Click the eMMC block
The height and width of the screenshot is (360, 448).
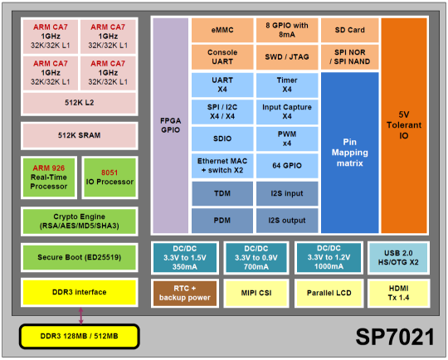pos(222,30)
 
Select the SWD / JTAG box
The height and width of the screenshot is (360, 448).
pos(287,57)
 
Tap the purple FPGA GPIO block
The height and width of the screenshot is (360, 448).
pos(171,125)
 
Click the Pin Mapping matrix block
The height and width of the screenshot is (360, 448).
pos(350,153)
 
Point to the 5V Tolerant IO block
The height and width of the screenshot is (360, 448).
pos(404,125)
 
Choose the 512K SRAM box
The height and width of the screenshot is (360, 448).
pos(80,135)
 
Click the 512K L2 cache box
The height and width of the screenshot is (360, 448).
pos(80,103)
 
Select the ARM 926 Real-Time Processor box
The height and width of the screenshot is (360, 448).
pos(49,178)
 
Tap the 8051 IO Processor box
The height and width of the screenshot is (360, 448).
pos(110,178)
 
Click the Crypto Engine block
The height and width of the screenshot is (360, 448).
pos(80,221)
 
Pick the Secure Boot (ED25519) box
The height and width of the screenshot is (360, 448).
pos(80,257)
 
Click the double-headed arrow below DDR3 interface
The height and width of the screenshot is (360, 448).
pos(80,316)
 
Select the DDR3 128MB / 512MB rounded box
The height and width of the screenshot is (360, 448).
pos(80,336)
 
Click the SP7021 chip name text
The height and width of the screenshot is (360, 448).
pos(395,337)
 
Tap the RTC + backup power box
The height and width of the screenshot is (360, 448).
pos(185,293)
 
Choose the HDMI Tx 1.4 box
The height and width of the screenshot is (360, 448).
pos(398,293)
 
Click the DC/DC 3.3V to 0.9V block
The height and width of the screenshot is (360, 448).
pos(256,258)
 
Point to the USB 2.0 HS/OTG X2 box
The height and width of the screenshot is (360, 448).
pos(398,258)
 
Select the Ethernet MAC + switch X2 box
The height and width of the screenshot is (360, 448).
pos(222,166)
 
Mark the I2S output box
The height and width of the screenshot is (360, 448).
pos(287,221)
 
